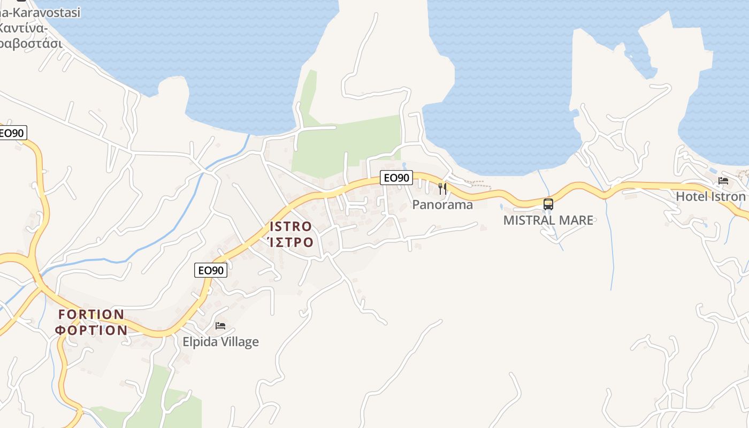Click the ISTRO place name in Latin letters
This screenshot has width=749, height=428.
coord(291,226)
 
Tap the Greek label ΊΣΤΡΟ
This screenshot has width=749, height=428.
coord(291,242)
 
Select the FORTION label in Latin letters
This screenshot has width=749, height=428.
coord(91,314)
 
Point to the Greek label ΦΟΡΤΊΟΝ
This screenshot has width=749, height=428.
coord(91,330)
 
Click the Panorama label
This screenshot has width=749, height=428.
coord(442,205)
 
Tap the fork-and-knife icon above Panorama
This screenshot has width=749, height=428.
coord(442,188)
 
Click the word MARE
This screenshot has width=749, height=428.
coord(575,220)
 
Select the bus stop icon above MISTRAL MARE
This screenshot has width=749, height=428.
coord(548,204)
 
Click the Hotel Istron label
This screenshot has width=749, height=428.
coord(710,196)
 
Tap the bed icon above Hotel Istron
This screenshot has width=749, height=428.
coord(723,180)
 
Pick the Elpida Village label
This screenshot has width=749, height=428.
coord(220,342)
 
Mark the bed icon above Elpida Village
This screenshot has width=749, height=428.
coord(220,325)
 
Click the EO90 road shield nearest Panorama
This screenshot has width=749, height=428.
coord(396,178)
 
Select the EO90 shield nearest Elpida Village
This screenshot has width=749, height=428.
coord(211,270)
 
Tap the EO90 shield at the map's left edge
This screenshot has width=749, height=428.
coord(12,133)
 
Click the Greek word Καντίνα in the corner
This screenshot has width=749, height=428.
coord(24,28)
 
